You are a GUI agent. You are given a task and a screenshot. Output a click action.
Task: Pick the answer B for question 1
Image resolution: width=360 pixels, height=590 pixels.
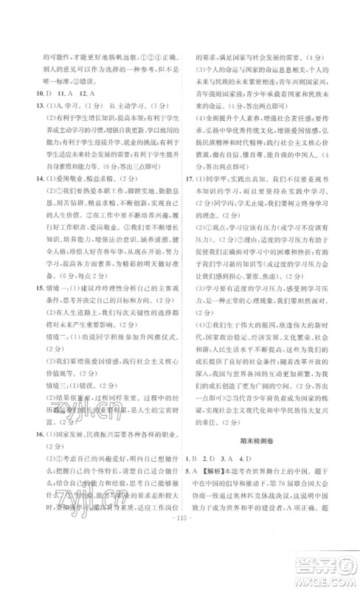point(209,458)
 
